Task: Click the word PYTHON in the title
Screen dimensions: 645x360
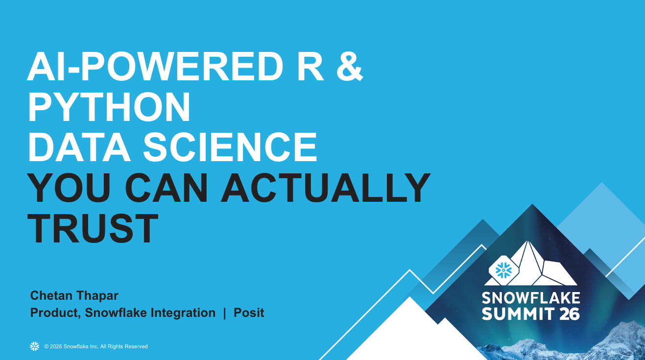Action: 109,107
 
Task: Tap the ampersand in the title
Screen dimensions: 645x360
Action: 350,66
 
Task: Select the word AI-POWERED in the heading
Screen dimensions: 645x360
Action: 155,66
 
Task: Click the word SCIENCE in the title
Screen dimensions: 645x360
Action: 230,147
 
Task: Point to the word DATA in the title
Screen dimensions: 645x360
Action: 79,147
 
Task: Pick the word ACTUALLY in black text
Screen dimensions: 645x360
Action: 326,188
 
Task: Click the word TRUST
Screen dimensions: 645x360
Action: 93,228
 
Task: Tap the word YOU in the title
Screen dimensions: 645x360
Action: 69,188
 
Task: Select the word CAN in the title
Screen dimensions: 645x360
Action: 166,188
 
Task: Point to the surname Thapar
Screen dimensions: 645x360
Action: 97,296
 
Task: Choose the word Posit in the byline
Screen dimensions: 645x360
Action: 249,312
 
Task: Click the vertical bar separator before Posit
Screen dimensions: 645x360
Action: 225,313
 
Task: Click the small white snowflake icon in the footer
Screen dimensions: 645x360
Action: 35,346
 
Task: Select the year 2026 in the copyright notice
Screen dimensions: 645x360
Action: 56,346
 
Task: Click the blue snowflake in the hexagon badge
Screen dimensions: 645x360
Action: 503,270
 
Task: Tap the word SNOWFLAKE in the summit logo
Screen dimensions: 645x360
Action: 531,298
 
